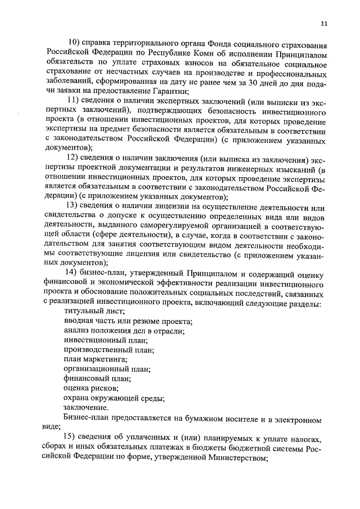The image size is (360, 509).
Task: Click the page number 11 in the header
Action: click(x=323, y=23)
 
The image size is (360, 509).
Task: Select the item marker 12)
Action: click(x=74, y=156)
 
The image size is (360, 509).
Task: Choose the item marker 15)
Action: click(x=74, y=438)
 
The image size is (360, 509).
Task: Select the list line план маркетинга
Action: click(x=95, y=359)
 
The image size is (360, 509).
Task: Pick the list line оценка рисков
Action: click(x=91, y=388)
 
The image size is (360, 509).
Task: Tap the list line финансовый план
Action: click(x=97, y=379)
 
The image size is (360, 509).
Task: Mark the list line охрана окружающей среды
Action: click(x=114, y=398)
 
